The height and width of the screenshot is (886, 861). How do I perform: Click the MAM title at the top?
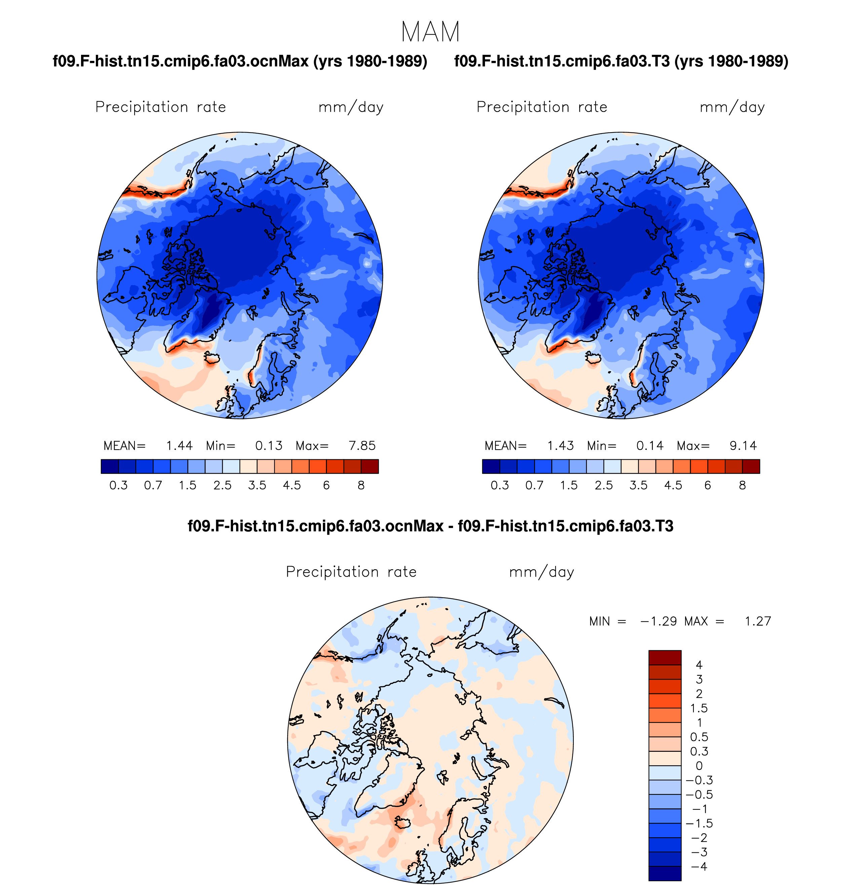[x=430, y=32]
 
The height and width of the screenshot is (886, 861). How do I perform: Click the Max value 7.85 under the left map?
[x=362, y=446]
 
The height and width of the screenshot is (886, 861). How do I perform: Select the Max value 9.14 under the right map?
[x=743, y=446]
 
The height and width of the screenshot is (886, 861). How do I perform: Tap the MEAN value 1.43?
[x=560, y=446]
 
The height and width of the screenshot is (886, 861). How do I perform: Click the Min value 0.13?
[x=269, y=446]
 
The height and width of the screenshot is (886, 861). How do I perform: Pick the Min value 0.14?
[x=650, y=446]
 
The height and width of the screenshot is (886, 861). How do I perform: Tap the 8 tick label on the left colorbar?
[x=361, y=486]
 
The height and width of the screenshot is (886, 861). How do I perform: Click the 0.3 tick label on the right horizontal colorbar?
[x=500, y=486]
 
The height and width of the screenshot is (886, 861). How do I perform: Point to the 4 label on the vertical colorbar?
[x=699, y=665]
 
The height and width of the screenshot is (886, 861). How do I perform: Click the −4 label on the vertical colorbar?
[x=699, y=866]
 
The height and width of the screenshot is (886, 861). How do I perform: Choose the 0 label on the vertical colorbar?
[x=699, y=766]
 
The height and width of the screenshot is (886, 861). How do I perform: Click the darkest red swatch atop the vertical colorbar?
[x=665, y=658]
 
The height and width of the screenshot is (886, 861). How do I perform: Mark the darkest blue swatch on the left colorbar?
[x=110, y=466]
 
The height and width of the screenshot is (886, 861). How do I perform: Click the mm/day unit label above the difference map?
[x=541, y=572]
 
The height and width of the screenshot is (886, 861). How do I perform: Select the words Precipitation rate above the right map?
[x=542, y=107]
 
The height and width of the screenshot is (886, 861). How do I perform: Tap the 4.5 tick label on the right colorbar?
[x=673, y=486]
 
